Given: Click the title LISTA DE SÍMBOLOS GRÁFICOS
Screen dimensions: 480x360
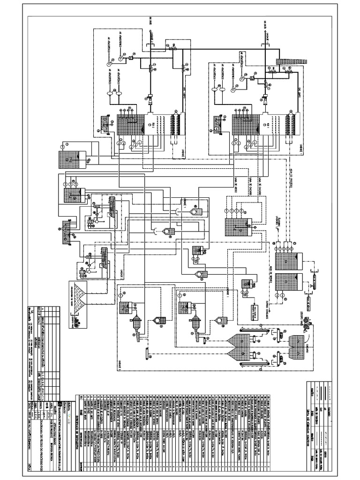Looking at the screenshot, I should pos(308,427).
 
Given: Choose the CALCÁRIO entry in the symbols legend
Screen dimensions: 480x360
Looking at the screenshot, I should pos(329,412).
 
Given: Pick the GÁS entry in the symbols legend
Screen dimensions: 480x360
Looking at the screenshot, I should pos(321,409).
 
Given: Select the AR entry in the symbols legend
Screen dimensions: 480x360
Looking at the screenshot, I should pos(325,410).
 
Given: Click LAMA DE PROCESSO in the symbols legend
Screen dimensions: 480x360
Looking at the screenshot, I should pos(316,415).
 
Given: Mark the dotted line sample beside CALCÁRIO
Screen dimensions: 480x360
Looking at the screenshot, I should pos(330,393).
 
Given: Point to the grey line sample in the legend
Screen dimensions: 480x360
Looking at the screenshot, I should pos(317,438).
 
